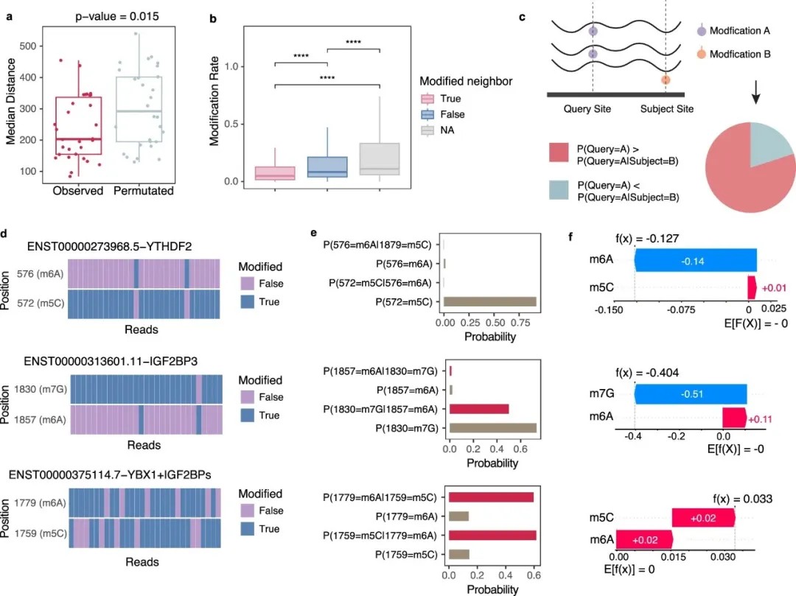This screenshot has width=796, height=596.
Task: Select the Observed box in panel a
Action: [x=77, y=125]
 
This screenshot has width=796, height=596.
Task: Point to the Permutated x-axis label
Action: [x=144, y=191]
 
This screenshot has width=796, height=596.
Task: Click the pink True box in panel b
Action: [x=274, y=173]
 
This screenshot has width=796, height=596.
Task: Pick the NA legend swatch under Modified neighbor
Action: [x=428, y=130]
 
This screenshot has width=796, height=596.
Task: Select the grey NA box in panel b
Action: [x=379, y=158]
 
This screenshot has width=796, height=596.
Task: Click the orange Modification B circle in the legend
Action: [x=701, y=55]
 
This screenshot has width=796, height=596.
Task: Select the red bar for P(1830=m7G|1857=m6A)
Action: [x=479, y=409]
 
